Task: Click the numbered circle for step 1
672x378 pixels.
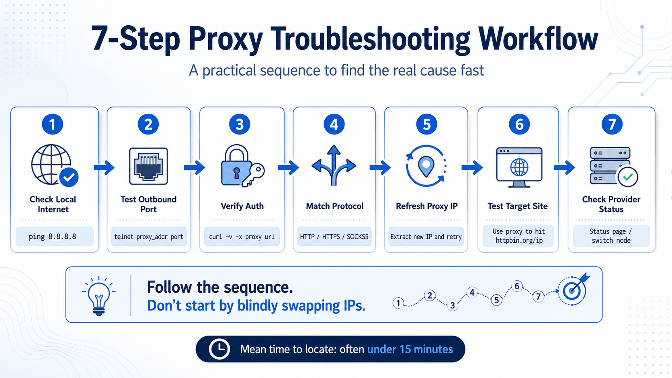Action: click(53, 124)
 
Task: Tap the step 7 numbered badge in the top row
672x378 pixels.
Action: click(612, 124)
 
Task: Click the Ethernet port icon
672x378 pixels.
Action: click(148, 166)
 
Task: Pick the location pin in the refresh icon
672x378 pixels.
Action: click(426, 167)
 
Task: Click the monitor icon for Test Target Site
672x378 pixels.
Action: click(519, 167)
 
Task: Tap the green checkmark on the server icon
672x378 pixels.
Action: click(628, 177)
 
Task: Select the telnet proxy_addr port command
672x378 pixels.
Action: click(149, 237)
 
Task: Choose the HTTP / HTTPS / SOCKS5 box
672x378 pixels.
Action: click(334, 237)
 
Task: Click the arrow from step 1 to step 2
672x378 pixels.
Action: click(104, 167)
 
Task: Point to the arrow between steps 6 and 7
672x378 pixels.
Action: click(564, 167)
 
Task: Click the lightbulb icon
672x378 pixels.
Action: click(99, 296)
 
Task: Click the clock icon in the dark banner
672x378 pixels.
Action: click(219, 349)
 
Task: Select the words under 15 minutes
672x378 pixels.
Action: click(410, 349)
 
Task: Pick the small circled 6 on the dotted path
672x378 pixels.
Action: click(517, 286)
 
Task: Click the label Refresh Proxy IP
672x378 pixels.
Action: click(426, 206)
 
